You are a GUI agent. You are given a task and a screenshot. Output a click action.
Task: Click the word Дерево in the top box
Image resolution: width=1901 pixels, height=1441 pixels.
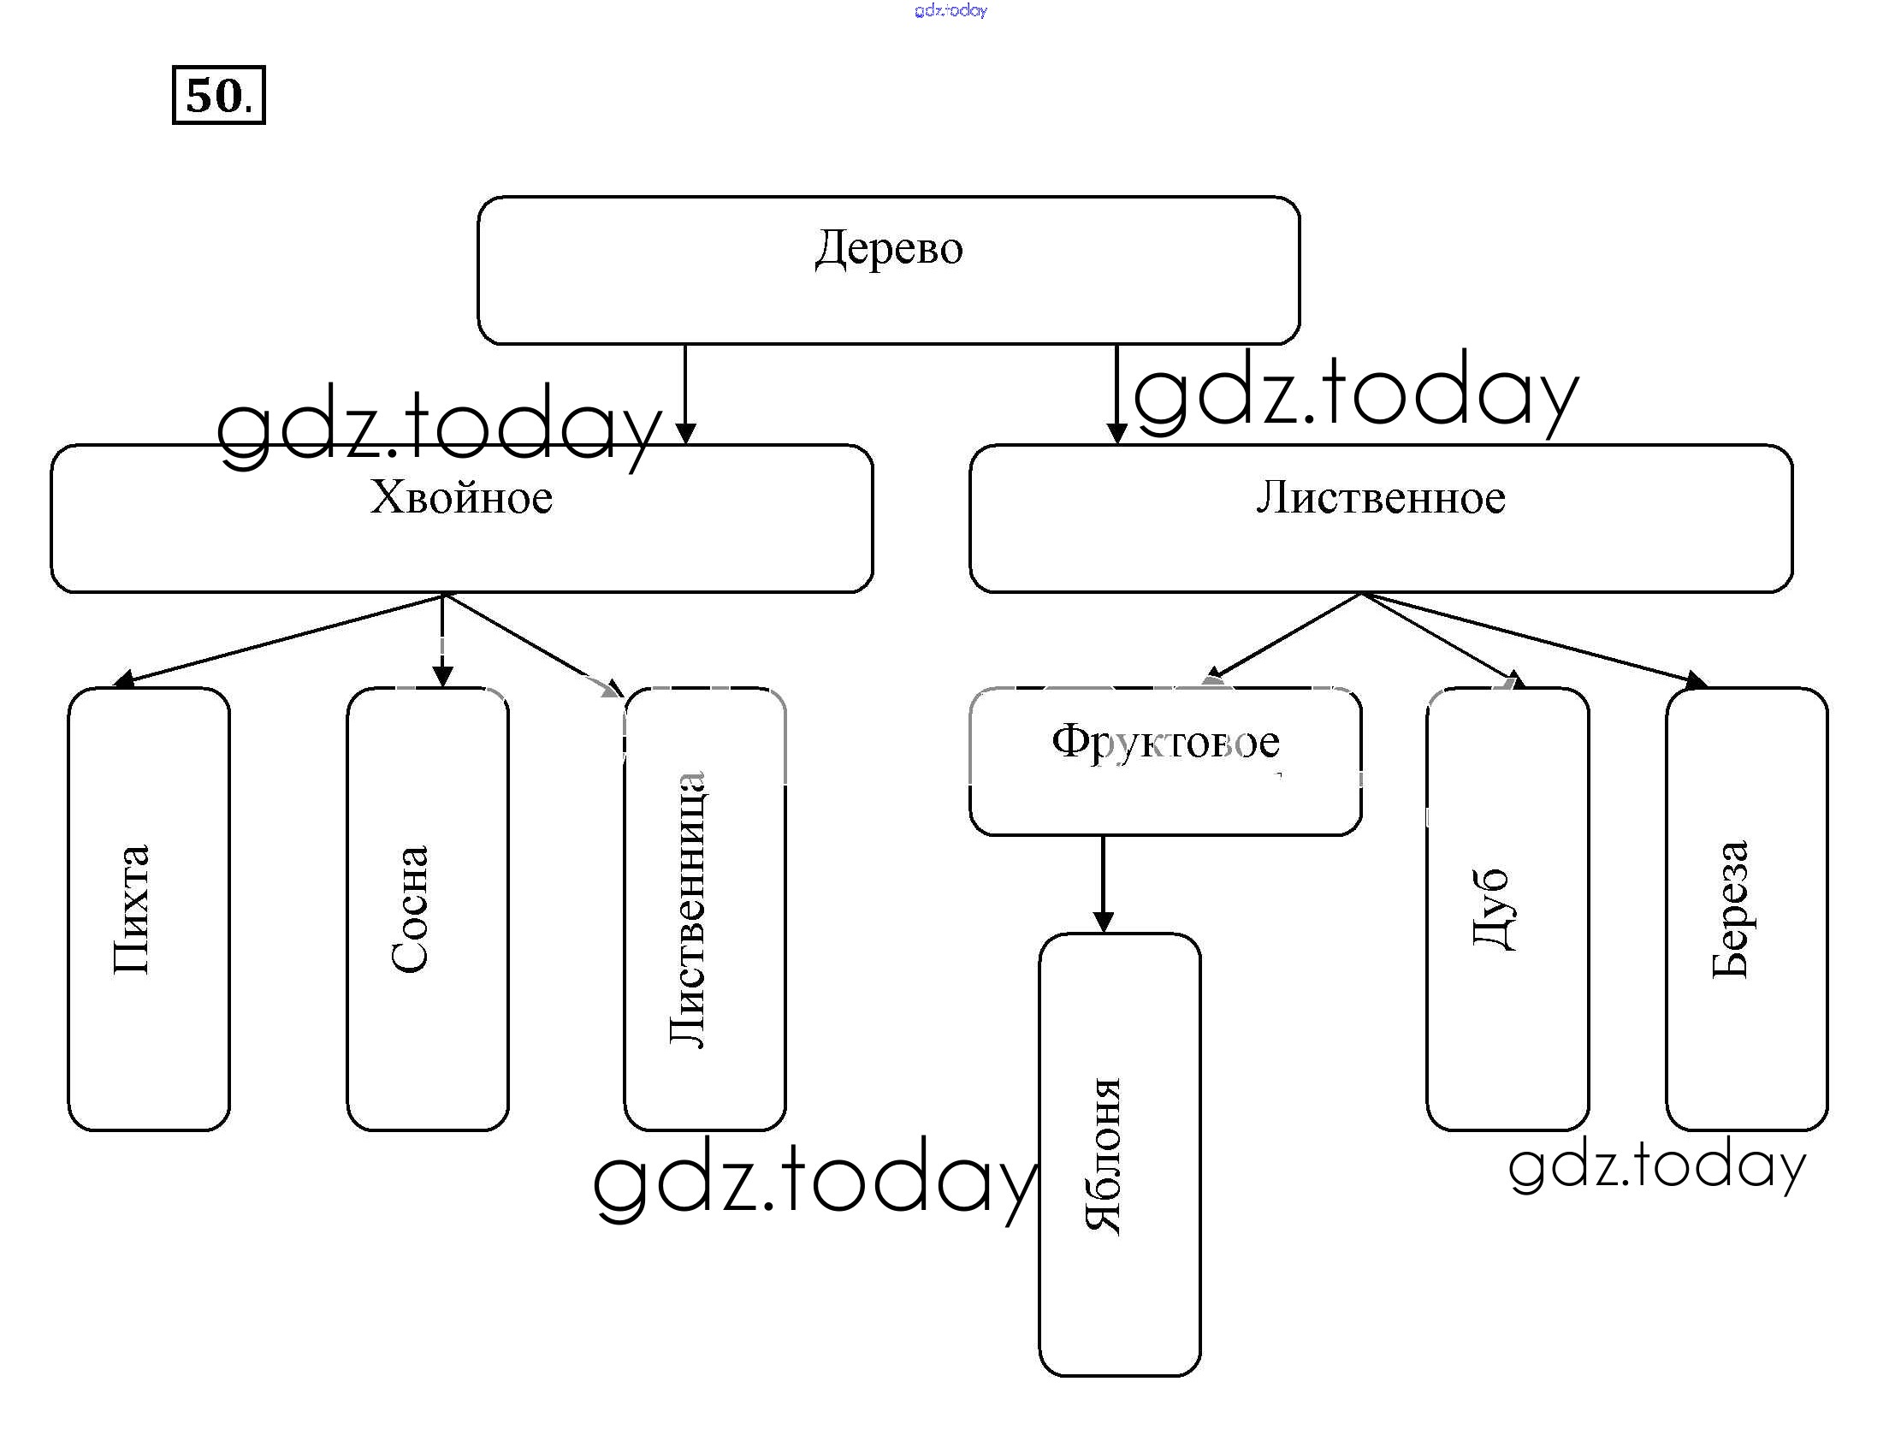889,249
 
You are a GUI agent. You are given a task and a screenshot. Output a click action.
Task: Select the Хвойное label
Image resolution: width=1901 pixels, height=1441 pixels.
461,498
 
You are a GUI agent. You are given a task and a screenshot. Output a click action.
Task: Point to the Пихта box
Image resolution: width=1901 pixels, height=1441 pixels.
149,909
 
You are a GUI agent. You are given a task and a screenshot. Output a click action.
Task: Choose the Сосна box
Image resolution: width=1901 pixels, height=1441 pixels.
427,909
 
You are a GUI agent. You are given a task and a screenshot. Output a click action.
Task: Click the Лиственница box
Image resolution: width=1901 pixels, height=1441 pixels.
705,909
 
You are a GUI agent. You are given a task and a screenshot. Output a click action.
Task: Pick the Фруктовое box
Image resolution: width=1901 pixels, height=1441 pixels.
1165,760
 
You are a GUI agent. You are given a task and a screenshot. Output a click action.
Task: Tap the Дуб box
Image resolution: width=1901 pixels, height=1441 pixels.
1507,909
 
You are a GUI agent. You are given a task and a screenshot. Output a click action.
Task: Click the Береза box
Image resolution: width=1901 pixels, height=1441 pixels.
1746,909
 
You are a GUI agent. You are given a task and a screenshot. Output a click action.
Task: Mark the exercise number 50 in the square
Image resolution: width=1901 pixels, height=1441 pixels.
218,95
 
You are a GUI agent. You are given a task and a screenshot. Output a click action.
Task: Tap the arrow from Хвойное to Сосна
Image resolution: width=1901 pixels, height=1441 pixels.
442,641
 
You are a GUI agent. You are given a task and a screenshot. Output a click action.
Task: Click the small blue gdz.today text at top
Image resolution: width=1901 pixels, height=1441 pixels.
950,10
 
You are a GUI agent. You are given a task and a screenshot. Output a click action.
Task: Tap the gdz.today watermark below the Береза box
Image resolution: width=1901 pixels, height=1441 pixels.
1657,1167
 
